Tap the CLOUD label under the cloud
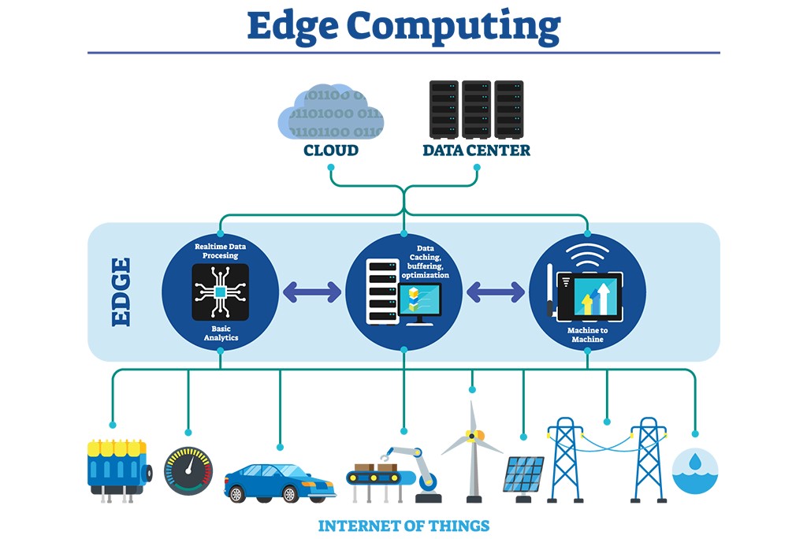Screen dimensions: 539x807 [331, 150]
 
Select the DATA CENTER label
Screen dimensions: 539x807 [476, 150]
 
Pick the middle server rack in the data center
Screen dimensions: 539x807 [476, 109]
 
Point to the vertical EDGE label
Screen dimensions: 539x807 [121, 292]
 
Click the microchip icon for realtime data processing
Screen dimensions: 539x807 [220, 292]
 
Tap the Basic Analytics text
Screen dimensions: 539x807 [220, 333]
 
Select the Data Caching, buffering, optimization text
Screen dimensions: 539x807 [425, 262]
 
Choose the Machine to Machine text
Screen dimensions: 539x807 [587, 335]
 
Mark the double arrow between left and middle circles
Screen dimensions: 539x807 [311, 292]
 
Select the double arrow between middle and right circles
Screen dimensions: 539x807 [496, 292]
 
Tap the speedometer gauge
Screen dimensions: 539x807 [188, 470]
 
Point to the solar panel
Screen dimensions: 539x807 [523, 475]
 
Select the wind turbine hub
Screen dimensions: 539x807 [472, 435]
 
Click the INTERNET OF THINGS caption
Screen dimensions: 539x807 [403, 526]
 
